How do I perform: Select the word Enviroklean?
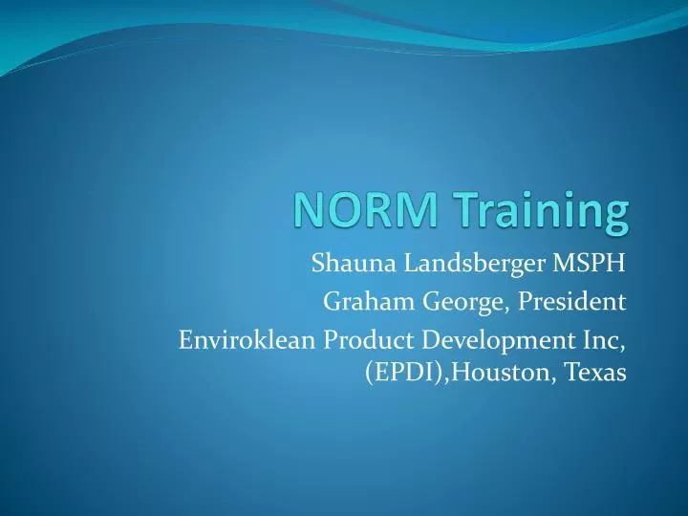point(247,339)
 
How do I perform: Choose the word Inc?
point(605,339)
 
